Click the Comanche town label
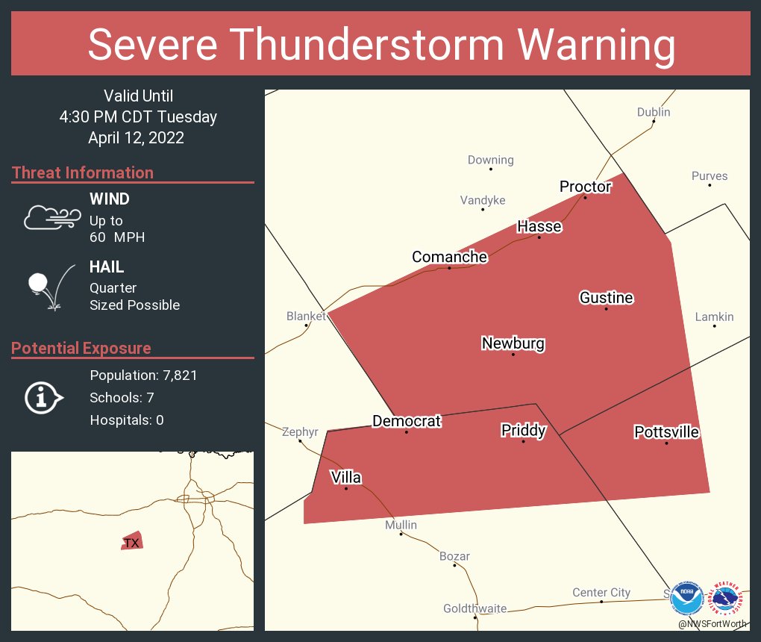point(449,257)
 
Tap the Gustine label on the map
point(606,298)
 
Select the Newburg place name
point(513,343)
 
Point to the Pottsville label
point(666,431)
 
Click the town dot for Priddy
point(523,441)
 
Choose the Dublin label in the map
point(653,112)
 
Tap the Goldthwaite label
point(475,608)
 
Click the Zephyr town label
point(300,431)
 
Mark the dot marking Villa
point(346,488)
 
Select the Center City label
point(601,592)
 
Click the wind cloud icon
point(51,216)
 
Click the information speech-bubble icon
point(44,398)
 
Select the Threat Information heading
point(83,172)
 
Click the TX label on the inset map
point(131,543)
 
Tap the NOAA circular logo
point(686,599)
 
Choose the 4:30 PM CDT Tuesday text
point(138,116)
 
